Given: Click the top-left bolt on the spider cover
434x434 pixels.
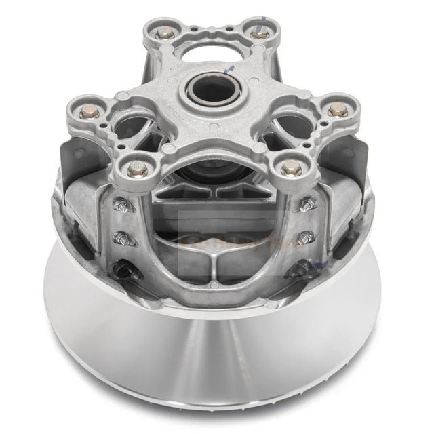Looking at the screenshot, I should point(163,32).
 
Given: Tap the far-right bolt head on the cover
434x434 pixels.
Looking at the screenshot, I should point(335,108).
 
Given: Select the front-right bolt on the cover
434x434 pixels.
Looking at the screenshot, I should point(290,165).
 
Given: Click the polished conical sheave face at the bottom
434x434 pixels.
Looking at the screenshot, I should point(217,366).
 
